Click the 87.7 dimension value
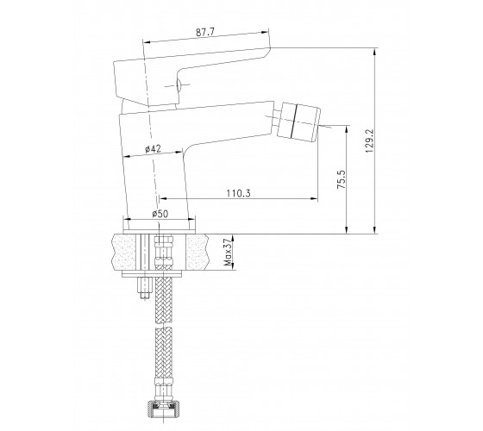205,33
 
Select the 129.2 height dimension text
369,141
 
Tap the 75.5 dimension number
342,179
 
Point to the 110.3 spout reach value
238,193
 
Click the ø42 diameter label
153,149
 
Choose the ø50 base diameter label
160,214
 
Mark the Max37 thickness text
229,252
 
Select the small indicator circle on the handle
178,85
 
